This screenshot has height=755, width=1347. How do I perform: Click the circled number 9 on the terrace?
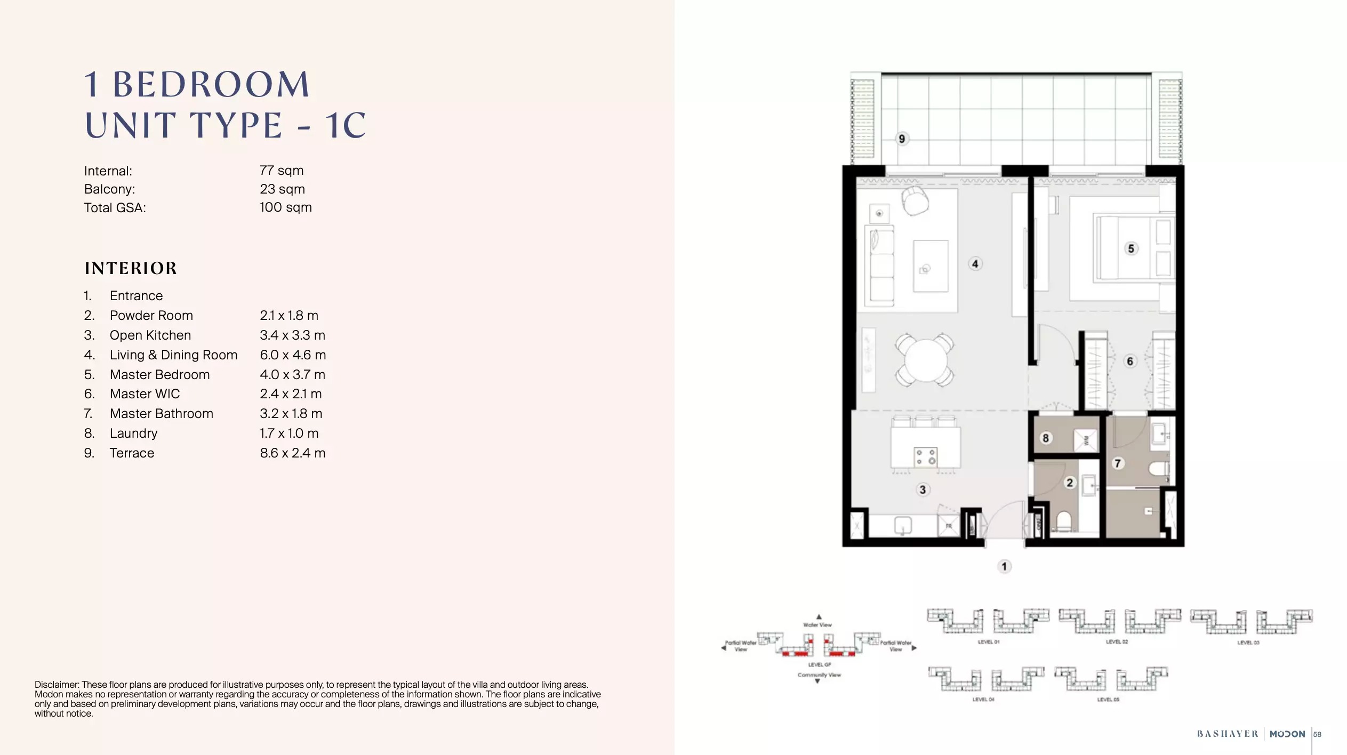coord(902,139)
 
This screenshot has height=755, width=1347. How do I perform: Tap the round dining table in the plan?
coord(925,359)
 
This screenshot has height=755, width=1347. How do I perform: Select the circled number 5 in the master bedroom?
coord(1131,248)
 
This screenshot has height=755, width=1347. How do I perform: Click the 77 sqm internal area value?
coord(282,171)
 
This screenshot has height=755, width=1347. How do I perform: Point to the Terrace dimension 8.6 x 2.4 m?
coord(292,453)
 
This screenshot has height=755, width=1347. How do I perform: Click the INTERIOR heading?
coord(131,268)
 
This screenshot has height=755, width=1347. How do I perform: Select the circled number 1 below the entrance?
coord(1004,566)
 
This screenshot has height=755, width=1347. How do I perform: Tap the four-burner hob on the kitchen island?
coord(925,457)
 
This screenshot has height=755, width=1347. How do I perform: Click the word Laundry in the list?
coord(133,433)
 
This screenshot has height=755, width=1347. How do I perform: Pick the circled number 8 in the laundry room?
coord(1046,438)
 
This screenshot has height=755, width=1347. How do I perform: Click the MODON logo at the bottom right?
coord(1287,734)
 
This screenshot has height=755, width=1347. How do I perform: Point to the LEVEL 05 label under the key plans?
coord(1108,700)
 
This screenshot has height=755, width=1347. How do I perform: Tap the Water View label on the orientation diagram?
coord(817,625)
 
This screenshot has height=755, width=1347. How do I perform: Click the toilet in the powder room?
coord(1063,520)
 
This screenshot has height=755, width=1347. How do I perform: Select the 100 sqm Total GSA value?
coord(285,207)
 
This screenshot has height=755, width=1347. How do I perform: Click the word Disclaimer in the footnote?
coord(57,685)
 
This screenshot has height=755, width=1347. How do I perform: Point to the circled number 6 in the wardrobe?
coord(1129,361)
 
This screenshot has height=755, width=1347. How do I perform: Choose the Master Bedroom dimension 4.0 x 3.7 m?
coord(292,375)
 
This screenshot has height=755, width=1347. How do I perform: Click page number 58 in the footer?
coord(1317,734)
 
